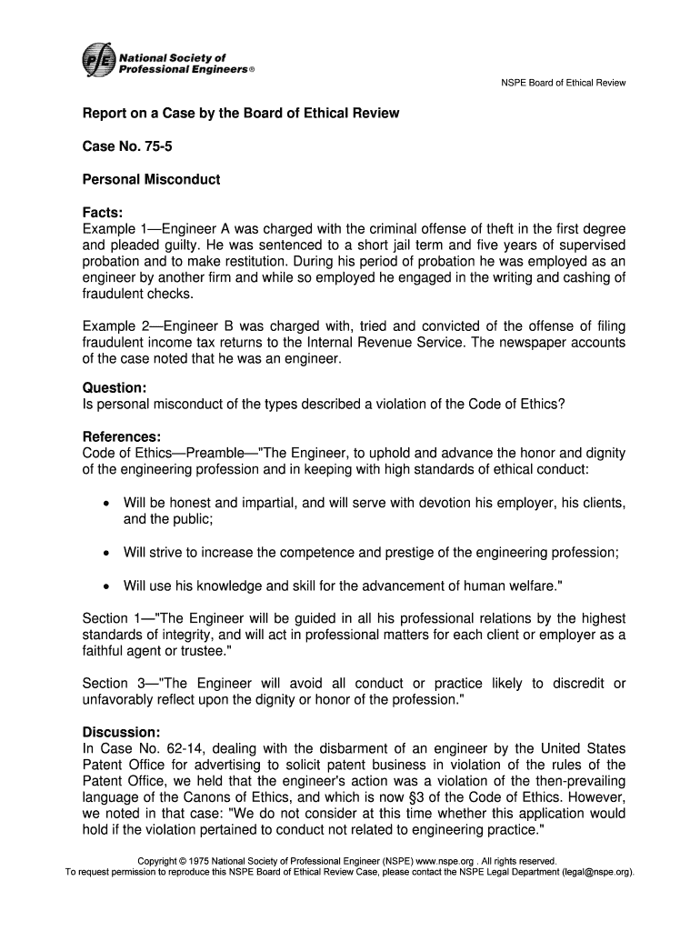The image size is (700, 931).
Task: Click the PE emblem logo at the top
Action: (97, 62)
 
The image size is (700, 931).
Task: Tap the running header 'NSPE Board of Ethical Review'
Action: (564, 84)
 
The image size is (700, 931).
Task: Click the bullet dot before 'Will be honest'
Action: (107, 504)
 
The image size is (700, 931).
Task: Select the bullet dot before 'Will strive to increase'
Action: (107, 553)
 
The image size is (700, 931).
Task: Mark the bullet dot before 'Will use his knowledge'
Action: (107, 586)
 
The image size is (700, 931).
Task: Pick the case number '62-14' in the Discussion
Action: (169, 748)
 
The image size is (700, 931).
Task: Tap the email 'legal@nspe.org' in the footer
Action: (595, 872)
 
